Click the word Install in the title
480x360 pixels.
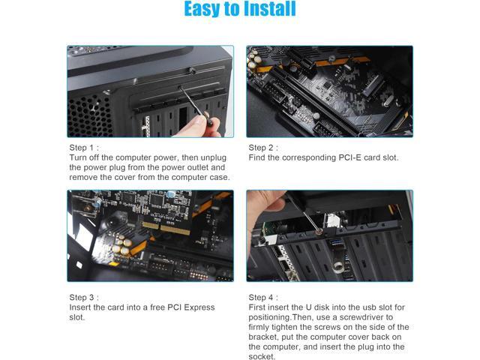pyautogui.click(x=270, y=8)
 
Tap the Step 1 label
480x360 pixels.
pyautogui.click(x=84, y=148)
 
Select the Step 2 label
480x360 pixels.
pyautogui.click(x=263, y=148)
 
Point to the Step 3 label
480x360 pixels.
pyautogui.click(x=84, y=297)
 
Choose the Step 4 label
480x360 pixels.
pyautogui.click(x=263, y=297)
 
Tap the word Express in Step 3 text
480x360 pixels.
pyautogui.click(x=199, y=307)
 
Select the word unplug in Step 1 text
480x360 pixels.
pyautogui.click(x=213, y=158)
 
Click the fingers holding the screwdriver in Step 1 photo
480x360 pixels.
pyautogui.click(x=196, y=126)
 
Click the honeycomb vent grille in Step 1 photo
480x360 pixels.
pyautogui.click(x=89, y=115)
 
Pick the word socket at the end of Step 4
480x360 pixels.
pyautogui.click(x=261, y=356)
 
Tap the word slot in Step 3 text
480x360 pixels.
pyautogui.click(x=76, y=317)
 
